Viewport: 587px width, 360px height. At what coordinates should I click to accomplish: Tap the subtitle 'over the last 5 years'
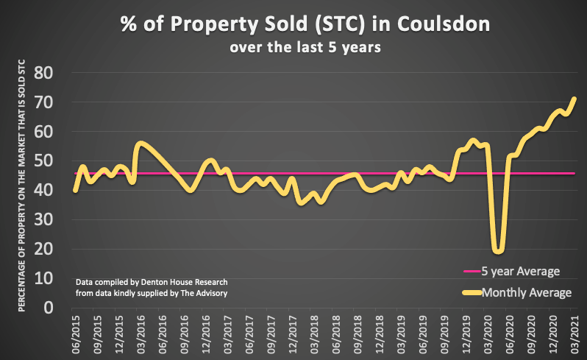[294, 49]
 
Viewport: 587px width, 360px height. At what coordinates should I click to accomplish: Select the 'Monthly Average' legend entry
[526, 293]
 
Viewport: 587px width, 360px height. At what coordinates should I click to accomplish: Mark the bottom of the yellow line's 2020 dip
[499, 250]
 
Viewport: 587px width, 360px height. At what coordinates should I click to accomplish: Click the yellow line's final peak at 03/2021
[574, 99]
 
